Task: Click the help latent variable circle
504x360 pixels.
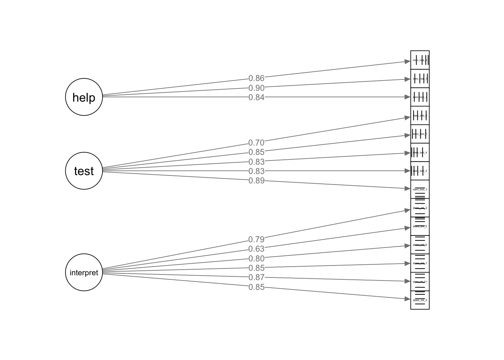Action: (x=84, y=97)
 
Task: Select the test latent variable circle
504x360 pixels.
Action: (x=84, y=171)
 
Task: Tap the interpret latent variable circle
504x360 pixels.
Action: (x=84, y=273)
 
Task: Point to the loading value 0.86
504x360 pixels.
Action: (x=256, y=78)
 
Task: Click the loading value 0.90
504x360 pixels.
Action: (x=256, y=88)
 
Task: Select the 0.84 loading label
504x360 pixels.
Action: (x=256, y=97)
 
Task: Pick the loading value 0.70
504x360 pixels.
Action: (x=256, y=143)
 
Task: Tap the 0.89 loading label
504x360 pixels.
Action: (x=256, y=181)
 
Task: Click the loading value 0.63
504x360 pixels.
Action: (x=256, y=249)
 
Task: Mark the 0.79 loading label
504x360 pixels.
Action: (x=256, y=240)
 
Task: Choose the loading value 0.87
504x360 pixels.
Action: (x=256, y=277)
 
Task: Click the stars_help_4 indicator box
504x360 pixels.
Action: (x=420, y=60)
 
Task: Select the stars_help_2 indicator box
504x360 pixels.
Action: (x=420, y=97)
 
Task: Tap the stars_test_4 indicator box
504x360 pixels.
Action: (x=420, y=153)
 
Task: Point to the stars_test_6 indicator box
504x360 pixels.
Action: (x=420, y=171)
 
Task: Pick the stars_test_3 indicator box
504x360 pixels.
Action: (x=420, y=189)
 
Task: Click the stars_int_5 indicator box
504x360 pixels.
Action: (x=420, y=226)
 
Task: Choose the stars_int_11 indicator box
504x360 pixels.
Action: (x=420, y=282)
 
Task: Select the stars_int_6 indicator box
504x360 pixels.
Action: (x=420, y=245)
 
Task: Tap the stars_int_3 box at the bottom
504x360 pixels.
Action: (x=420, y=300)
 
